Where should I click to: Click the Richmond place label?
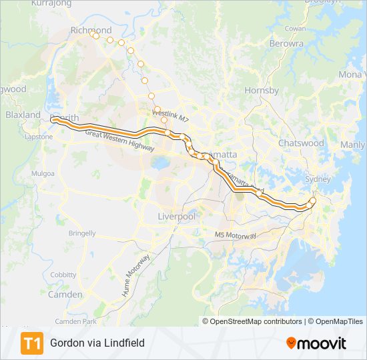(x=91, y=31)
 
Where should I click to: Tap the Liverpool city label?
(x=176, y=217)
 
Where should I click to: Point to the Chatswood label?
(x=301, y=143)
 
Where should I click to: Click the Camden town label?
(x=65, y=294)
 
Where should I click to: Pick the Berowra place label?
(x=286, y=43)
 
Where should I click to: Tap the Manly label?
(x=352, y=145)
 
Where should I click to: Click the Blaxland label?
(x=23, y=115)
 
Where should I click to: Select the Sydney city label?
(x=318, y=179)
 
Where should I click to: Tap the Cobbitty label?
(x=63, y=274)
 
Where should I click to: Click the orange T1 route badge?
(x=32, y=343)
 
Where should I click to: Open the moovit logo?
(x=316, y=343)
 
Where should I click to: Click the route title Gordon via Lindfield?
(x=97, y=343)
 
